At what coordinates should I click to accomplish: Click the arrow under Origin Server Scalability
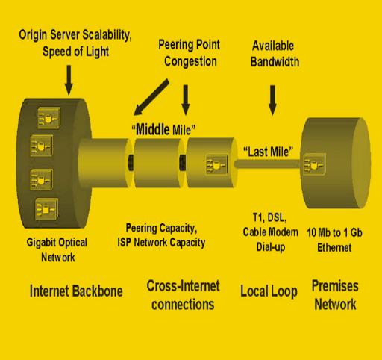[69, 80]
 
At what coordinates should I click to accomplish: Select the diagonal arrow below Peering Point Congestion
[151, 97]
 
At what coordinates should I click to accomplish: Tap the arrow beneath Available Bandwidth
[272, 100]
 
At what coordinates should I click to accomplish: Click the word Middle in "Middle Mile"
[152, 130]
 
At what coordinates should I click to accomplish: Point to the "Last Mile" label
[268, 152]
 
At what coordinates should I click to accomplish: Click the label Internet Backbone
[76, 291]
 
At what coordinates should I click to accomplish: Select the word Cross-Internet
[183, 286]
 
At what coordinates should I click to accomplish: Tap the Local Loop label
[269, 291]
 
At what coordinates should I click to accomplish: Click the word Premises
[335, 286]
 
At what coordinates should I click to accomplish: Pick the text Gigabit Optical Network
[57, 249]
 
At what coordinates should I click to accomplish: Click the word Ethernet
[334, 248]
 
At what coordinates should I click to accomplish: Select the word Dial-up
[271, 247]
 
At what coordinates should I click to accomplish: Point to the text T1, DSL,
[269, 218]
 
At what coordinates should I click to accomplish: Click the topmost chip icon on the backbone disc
[48, 118]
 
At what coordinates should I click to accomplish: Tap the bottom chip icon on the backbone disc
[46, 209]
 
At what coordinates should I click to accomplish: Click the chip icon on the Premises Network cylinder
[314, 164]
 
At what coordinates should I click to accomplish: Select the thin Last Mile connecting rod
[268, 164]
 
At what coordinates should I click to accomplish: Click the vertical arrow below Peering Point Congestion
[185, 100]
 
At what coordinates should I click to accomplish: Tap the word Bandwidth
[275, 62]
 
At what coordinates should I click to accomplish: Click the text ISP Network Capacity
[161, 243]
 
